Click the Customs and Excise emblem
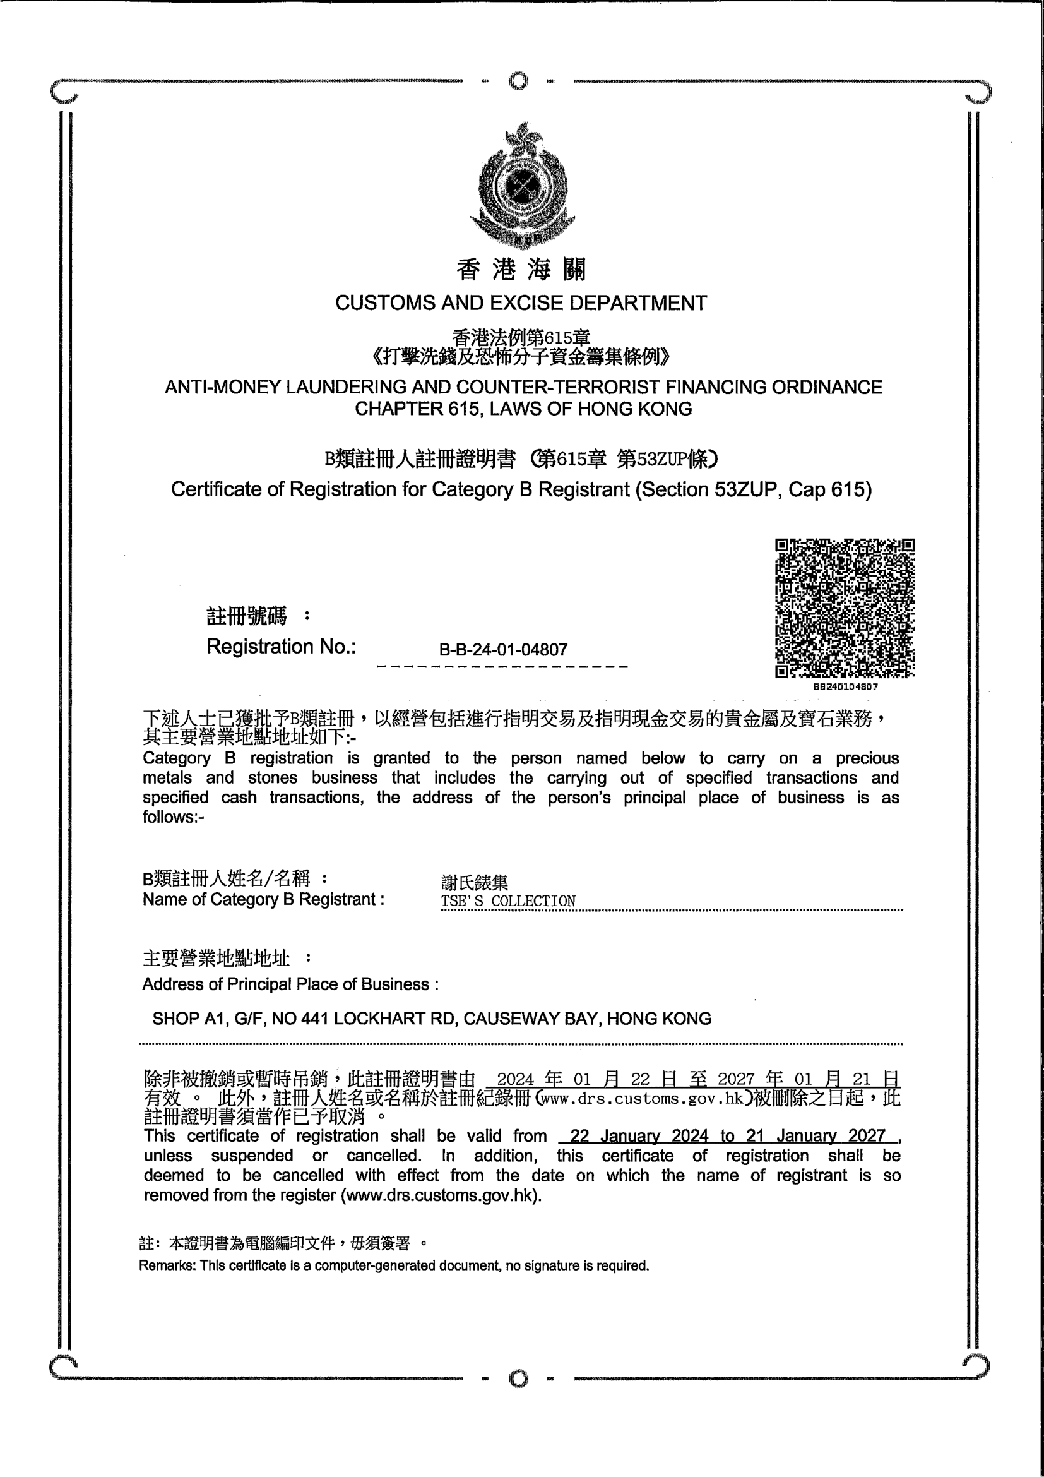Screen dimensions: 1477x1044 521,185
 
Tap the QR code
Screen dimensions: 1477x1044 845,608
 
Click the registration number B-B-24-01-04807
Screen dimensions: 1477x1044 502,650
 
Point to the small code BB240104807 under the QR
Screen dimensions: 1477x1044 845,686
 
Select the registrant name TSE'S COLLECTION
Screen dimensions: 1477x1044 508,901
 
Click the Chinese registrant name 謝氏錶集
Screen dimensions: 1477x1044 475,882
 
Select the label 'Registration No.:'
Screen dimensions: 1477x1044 281,647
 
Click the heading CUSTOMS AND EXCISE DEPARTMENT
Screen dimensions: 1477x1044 521,303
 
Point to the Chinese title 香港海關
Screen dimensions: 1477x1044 521,270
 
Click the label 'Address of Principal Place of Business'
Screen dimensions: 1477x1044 290,984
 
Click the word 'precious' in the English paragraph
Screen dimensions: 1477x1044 867,758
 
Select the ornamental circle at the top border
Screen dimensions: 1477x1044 518,81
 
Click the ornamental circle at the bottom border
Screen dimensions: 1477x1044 518,1378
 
